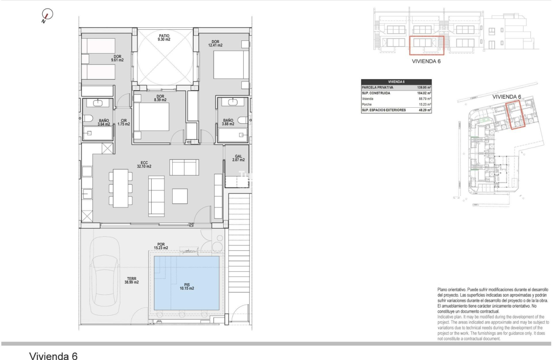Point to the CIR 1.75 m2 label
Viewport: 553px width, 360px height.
pyautogui.click(x=124, y=122)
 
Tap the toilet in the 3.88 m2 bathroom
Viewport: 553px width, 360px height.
pyautogui.click(x=243, y=120)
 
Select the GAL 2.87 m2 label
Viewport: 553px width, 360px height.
pyautogui.click(x=239, y=158)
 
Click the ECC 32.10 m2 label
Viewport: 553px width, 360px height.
pyautogui.click(x=144, y=164)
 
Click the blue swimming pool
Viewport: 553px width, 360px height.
pyautogui.click(x=186, y=282)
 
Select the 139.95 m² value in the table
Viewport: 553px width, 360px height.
pyautogui.click(x=424, y=87)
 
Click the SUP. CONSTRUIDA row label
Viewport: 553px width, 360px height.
pyautogui.click(x=376, y=93)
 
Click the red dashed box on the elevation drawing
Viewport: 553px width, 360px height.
pyautogui.click(x=426, y=46)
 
